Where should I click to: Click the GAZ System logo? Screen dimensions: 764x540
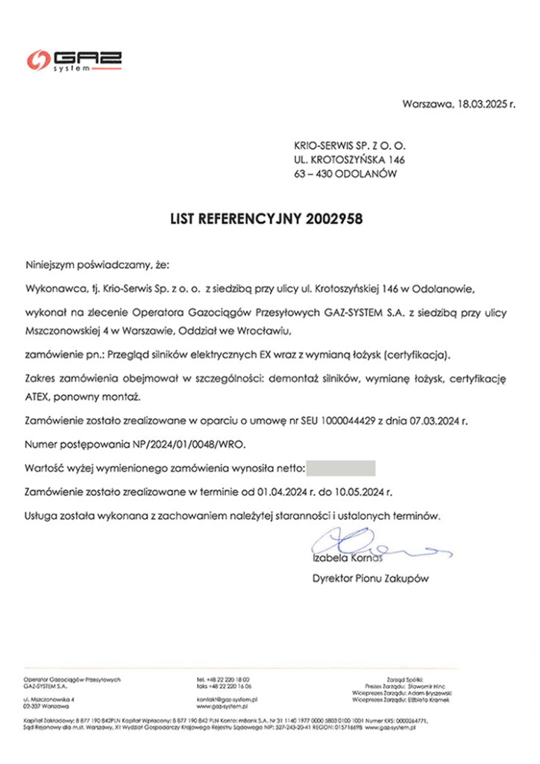click(x=74, y=60)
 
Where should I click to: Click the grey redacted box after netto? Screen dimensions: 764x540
click(x=340, y=469)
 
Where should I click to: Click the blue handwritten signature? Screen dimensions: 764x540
click(x=373, y=547)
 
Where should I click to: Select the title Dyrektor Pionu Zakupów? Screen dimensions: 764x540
click(x=371, y=577)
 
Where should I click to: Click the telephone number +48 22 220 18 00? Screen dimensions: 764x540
click(x=228, y=680)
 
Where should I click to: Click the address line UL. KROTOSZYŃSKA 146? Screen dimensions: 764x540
click(x=349, y=160)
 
